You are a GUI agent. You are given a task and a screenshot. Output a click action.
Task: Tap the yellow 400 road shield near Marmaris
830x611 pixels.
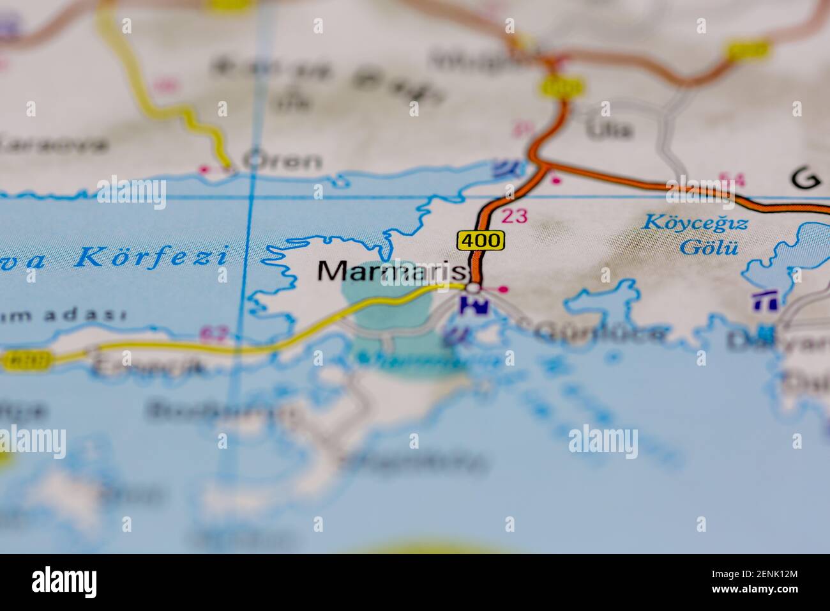[x=480, y=241]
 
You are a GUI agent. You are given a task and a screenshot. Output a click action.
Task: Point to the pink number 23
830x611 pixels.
[x=515, y=216]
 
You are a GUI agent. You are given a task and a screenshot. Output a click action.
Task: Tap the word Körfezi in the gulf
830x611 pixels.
[x=151, y=257]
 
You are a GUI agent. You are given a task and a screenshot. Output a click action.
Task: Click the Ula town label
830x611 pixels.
[x=610, y=130]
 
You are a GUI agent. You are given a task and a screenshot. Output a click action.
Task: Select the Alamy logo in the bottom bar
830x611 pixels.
[x=64, y=582]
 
